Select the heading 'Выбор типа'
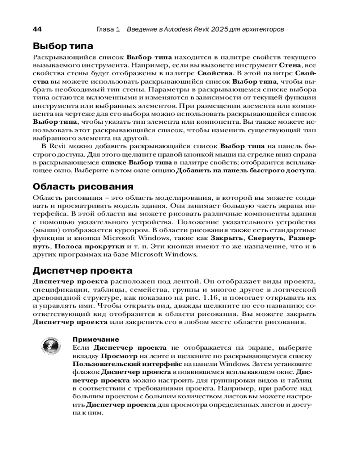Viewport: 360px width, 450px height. point(63,46)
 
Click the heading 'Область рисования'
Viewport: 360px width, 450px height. point(83,186)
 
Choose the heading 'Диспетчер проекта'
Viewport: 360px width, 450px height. point(83,270)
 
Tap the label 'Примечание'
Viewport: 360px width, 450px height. point(95,339)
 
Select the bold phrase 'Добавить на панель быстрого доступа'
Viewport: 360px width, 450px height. point(245,171)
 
